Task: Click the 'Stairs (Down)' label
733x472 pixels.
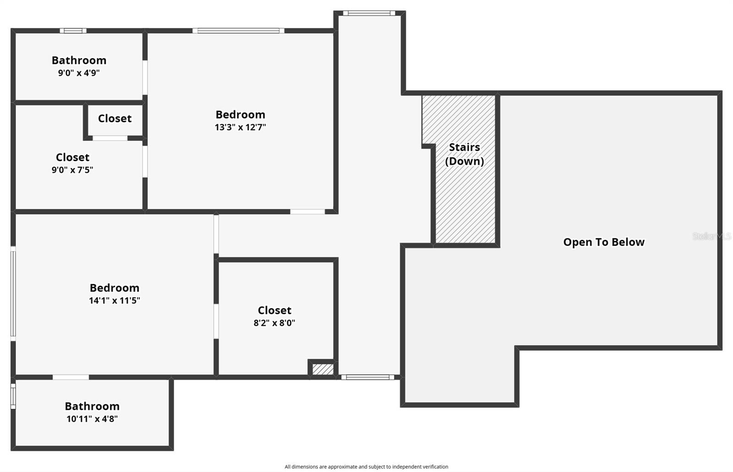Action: [464, 154]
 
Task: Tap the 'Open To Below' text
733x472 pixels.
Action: [603, 242]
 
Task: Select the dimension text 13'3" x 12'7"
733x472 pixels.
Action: [240, 127]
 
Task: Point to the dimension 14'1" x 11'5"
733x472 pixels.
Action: [114, 300]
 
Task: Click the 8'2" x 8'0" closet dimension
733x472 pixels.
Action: [274, 323]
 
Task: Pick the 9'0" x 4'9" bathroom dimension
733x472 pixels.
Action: [79, 73]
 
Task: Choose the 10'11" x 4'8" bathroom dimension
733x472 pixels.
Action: [92, 418]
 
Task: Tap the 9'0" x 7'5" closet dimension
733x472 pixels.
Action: [72, 170]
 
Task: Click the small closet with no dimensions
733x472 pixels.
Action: [115, 118]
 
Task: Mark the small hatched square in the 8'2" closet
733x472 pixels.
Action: [323, 369]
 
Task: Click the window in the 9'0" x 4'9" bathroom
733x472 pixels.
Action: [73, 31]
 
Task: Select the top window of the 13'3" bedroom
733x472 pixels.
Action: [238, 31]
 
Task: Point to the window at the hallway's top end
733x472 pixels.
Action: [369, 13]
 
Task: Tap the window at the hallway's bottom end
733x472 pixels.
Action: [367, 377]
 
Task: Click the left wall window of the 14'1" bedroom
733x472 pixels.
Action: [13, 293]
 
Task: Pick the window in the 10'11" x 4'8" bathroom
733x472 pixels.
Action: [13, 396]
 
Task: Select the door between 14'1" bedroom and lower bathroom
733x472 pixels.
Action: [71, 377]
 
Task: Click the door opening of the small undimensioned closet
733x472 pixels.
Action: [110, 138]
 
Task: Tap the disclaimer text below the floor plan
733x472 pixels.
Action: [366, 467]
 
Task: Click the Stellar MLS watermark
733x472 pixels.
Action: [711, 236]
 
